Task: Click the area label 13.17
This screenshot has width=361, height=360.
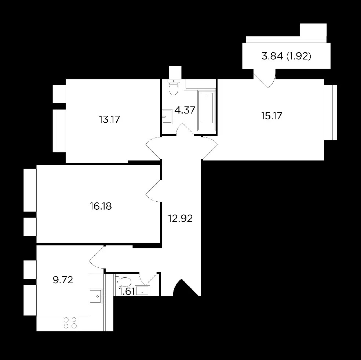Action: pyautogui.click(x=110, y=120)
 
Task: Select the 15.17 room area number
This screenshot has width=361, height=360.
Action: pyautogui.click(x=272, y=116)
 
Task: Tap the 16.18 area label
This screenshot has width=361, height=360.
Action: pyautogui.click(x=101, y=206)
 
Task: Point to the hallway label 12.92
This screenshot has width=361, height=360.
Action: pyautogui.click(x=180, y=219)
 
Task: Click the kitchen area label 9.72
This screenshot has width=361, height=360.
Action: pyautogui.click(x=63, y=280)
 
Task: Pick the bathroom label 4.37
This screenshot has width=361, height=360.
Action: pyautogui.click(x=185, y=110)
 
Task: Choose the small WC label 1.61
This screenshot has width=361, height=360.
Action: pyautogui.click(x=127, y=292)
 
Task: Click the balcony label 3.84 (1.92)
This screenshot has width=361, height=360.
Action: pyautogui.click(x=287, y=56)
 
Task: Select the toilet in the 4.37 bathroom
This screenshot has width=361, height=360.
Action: pyautogui.click(x=174, y=87)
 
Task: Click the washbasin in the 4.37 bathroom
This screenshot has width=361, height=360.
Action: pyautogui.click(x=167, y=116)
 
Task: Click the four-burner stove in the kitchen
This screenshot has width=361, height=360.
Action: pyautogui.click(x=70, y=323)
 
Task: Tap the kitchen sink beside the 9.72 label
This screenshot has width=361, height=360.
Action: pyautogui.click(x=96, y=296)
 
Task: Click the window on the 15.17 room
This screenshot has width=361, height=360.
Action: pyautogui.click(x=331, y=112)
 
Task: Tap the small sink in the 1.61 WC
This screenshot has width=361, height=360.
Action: pyautogui.click(x=143, y=291)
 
